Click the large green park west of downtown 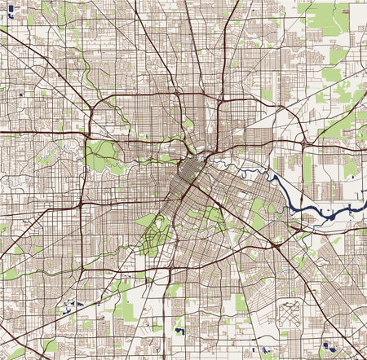tap(101, 156)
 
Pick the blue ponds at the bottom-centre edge tap(179, 332)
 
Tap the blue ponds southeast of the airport tap(328, 345)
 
